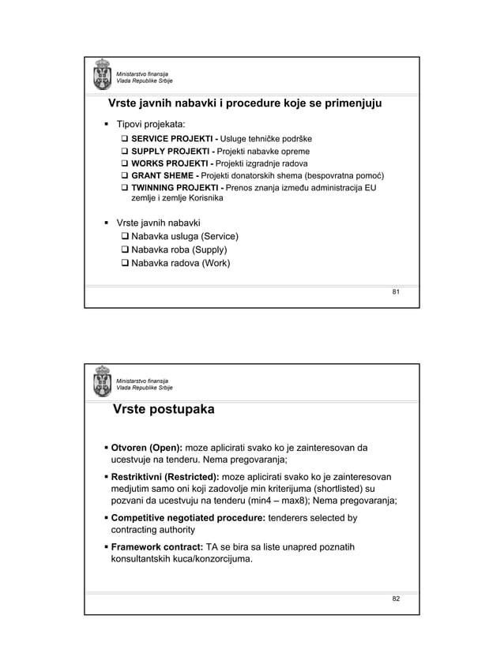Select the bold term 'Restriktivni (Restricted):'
(x=165, y=478)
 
